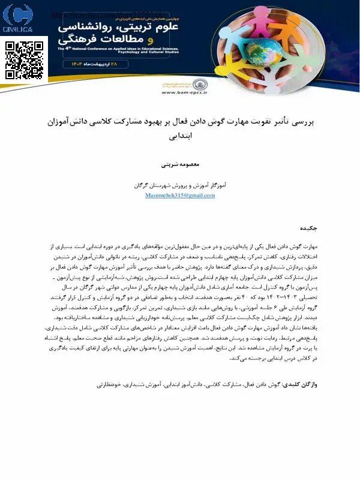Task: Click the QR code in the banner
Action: (26, 61)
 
